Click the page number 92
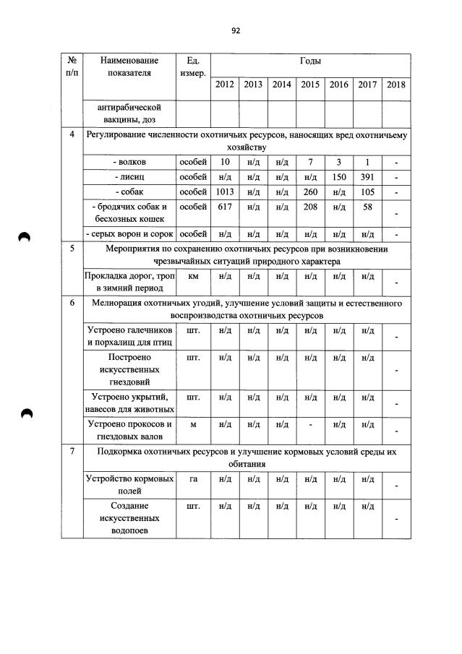[235, 30]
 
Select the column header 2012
[224, 85]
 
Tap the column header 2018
[396, 85]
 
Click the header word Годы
[310, 61]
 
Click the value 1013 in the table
[224, 192]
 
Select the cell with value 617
[224, 207]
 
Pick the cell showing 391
[367, 177]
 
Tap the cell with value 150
[338, 177]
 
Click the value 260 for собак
[310, 192]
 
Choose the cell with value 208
[310, 207]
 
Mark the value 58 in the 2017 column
[367, 207]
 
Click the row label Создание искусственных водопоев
[129, 519]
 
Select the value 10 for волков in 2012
[224, 162]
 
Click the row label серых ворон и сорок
[129, 234]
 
